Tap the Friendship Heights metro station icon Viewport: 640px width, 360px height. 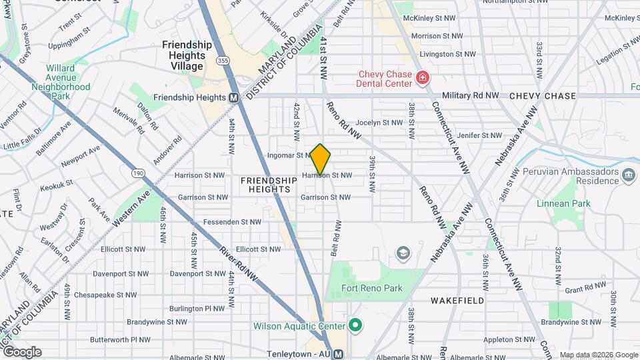click(234, 97)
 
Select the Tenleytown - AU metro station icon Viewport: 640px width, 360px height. click(339, 354)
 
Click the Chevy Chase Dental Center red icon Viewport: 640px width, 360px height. click(422, 79)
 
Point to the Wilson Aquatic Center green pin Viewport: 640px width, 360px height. click(355, 326)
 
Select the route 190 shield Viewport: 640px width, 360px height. click(138, 173)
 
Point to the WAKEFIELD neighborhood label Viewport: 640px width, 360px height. click(457, 301)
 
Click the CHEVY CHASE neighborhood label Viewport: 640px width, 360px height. click(542, 96)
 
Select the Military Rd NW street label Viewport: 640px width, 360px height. click(470, 96)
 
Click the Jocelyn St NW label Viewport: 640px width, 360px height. click(379, 123)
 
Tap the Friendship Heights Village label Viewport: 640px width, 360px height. click(187, 55)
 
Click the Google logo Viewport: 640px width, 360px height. click(21, 351)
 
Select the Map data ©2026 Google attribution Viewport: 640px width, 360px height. click(598, 355)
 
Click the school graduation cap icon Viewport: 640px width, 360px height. click(403, 253)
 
